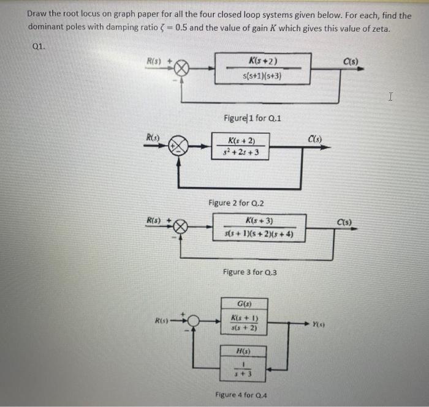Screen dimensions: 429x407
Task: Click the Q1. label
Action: (x=39, y=47)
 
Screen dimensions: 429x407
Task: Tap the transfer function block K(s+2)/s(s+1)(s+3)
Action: (x=263, y=69)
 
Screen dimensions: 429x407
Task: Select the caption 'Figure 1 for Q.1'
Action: (x=252, y=118)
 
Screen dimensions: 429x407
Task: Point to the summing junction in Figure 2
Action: (x=178, y=146)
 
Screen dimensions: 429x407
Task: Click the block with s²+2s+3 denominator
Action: (x=240, y=146)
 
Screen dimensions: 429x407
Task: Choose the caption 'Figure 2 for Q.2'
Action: (x=236, y=203)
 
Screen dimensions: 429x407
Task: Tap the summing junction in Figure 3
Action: (x=180, y=226)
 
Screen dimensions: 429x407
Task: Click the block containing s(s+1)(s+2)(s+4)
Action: (x=259, y=228)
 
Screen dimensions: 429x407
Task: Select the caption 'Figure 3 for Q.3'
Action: (x=250, y=272)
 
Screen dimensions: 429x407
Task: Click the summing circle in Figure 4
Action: (x=194, y=321)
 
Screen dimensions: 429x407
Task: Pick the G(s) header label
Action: (x=245, y=304)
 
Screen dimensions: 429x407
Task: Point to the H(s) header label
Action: (x=243, y=351)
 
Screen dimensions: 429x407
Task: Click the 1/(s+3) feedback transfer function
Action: (x=243, y=369)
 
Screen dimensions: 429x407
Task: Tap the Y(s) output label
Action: (x=319, y=324)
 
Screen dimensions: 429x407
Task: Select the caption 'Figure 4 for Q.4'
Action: (x=241, y=395)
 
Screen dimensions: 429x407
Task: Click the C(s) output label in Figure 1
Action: (x=351, y=62)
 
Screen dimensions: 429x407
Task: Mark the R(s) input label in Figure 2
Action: (x=153, y=137)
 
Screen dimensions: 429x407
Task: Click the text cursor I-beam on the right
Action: (x=390, y=97)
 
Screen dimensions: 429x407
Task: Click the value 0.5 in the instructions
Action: (x=181, y=28)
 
